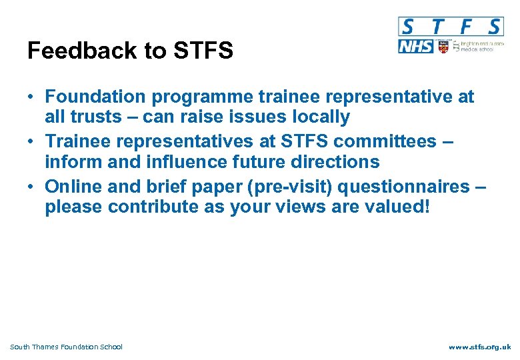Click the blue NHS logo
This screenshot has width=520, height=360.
(x=415, y=47)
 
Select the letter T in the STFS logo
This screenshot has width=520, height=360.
(x=436, y=27)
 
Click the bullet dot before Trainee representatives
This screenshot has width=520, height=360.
(x=31, y=142)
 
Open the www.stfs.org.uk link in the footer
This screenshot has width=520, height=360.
(x=479, y=347)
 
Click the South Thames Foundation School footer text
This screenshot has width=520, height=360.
(x=67, y=347)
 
